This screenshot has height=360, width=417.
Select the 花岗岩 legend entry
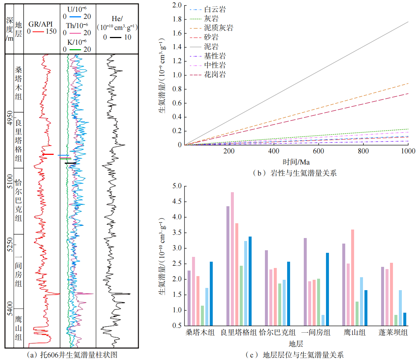click(x=215, y=75)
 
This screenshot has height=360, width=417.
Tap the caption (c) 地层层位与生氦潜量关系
click(x=295, y=355)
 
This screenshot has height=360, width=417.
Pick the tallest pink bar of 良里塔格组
click(x=232, y=259)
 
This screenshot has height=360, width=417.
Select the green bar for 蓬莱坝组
click(x=396, y=320)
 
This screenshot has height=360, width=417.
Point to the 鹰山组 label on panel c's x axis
click(x=354, y=333)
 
